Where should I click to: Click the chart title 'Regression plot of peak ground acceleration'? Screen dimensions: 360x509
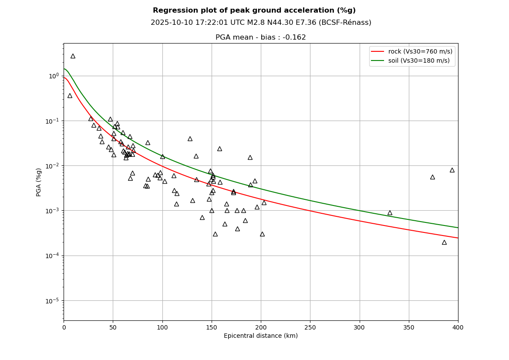click(x=254, y=10)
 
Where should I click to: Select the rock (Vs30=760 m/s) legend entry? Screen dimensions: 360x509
click(x=420, y=52)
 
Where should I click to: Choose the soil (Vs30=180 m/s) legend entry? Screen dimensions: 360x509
click(x=419, y=61)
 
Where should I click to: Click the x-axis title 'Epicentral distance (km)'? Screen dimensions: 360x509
click(x=261, y=336)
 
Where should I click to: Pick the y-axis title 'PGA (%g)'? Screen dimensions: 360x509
click(x=39, y=182)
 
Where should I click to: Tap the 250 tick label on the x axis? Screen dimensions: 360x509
click(x=310, y=327)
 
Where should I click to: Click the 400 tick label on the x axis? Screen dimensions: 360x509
click(x=458, y=327)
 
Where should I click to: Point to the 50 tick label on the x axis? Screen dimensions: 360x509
click(x=113, y=327)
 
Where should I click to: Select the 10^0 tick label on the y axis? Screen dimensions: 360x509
click(x=54, y=76)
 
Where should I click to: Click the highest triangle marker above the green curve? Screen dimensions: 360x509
click(x=73, y=56)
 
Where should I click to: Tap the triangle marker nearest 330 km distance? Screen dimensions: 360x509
click(x=390, y=213)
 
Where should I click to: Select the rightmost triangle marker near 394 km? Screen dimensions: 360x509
click(x=452, y=170)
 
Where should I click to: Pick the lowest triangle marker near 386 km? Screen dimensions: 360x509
click(x=444, y=242)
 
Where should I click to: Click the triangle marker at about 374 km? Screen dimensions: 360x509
click(x=432, y=177)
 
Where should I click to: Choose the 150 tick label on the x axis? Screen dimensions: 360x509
click(x=212, y=327)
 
